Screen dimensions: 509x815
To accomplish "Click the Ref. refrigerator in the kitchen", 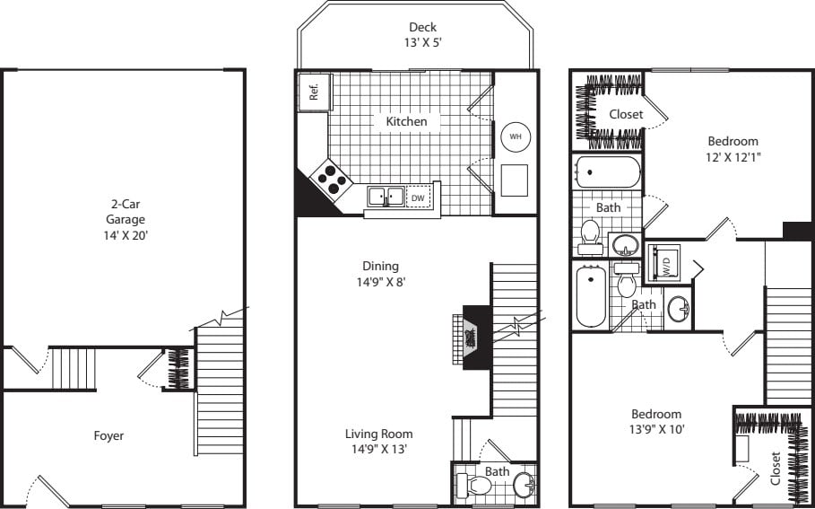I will tap(315, 92).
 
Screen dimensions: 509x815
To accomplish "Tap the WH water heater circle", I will tap(515, 136).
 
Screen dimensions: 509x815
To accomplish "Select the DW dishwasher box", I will tap(418, 197).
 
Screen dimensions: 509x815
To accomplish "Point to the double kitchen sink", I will tap(386, 196).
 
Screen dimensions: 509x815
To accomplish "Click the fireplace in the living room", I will tap(472, 337).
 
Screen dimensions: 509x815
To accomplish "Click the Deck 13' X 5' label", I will tap(422, 34).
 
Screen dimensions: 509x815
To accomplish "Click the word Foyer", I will tap(108, 436).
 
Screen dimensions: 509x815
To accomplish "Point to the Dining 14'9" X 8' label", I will tap(380, 273).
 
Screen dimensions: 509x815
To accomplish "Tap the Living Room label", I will tap(378, 434).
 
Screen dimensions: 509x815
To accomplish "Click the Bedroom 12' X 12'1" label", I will tap(733, 148).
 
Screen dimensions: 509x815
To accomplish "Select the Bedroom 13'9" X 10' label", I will tap(655, 421).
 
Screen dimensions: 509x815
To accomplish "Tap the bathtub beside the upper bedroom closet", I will tap(607, 171).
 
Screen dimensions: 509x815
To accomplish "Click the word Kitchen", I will tap(406, 121).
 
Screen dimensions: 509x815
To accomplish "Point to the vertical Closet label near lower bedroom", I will tap(775, 468).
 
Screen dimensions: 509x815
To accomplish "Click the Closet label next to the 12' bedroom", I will tap(626, 114).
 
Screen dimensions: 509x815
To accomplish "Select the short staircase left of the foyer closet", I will tap(72, 369).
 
